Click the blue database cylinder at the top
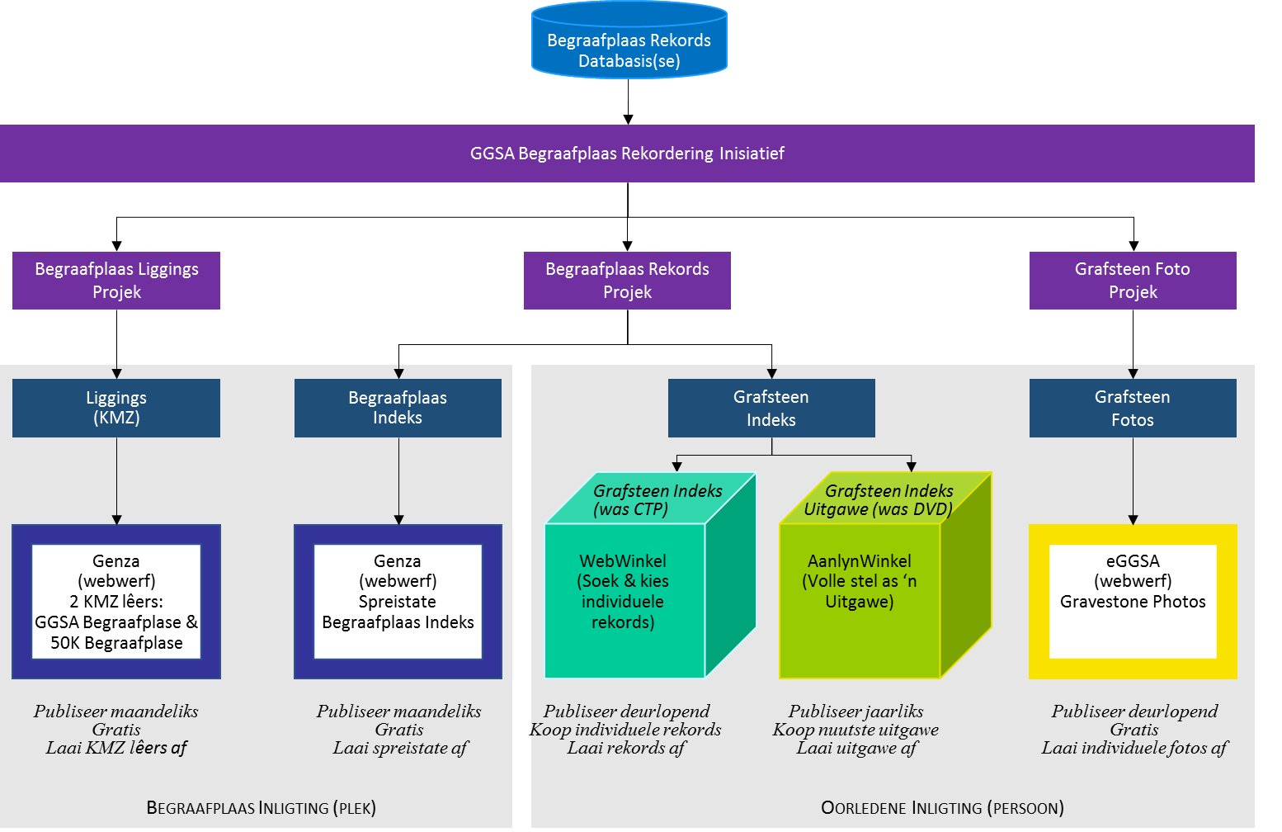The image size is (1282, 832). [629, 40]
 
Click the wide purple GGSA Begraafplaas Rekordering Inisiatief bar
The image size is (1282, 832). [627, 154]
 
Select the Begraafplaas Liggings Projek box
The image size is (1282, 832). [116, 281]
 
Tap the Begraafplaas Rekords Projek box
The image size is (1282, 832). [627, 281]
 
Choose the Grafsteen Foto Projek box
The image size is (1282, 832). [1133, 281]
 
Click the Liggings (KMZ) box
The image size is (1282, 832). [116, 408]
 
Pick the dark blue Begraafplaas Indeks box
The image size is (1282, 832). [398, 408]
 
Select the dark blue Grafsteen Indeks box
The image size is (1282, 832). [771, 408]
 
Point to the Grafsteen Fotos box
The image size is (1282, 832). [1133, 408]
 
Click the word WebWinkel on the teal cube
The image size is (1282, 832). [623, 560]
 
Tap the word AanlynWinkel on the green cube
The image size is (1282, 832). [859, 560]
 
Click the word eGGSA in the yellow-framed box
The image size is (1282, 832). [1133, 560]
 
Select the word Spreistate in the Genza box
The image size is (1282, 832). [397, 602]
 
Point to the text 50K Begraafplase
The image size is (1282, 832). [116, 643]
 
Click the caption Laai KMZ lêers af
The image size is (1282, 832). [116, 748]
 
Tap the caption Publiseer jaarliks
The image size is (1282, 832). [855, 711]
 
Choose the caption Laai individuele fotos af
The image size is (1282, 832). [1134, 748]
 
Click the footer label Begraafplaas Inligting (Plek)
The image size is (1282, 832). [261, 808]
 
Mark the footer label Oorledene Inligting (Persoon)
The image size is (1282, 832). [942, 808]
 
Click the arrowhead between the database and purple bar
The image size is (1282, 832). [628, 120]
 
